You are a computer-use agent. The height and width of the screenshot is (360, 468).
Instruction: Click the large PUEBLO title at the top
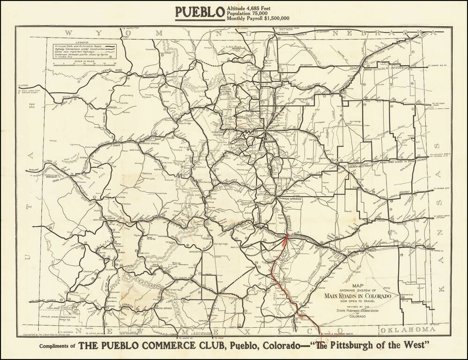[200, 13]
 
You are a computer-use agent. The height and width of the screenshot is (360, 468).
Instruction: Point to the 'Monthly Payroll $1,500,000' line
[258, 19]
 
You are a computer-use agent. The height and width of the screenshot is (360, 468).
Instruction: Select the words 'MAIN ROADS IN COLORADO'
[357, 295]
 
